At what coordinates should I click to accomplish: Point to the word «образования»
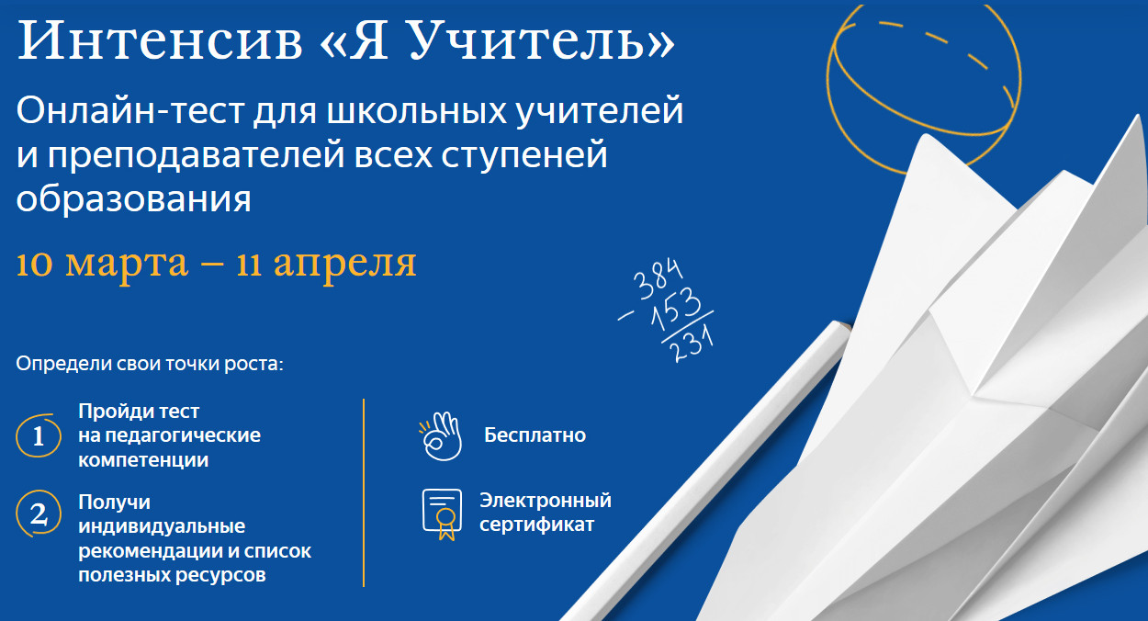click(x=133, y=198)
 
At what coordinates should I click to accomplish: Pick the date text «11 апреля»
click(x=327, y=263)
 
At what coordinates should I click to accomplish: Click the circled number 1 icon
click(x=39, y=435)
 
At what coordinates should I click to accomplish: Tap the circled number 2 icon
click(x=39, y=514)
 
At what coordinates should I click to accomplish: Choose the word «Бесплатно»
click(x=535, y=435)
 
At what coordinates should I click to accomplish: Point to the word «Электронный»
click(x=546, y=502)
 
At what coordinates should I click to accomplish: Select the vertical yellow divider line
click(x=365, y=492)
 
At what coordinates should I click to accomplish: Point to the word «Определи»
click(x=57, y=363)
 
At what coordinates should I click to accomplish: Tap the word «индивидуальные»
click(x=162, y=527)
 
